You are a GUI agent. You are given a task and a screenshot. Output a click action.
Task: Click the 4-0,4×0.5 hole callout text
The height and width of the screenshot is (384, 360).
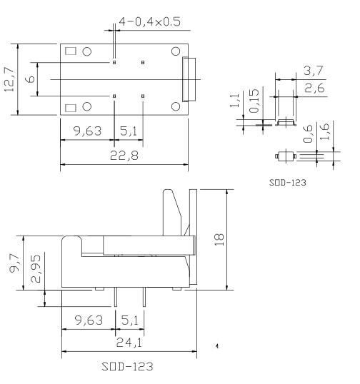point(150,21)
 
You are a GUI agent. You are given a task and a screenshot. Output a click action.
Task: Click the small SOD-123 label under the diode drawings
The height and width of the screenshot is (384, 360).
point(289,183)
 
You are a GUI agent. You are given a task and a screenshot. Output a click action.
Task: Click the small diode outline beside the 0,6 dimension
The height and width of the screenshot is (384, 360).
point(285,154)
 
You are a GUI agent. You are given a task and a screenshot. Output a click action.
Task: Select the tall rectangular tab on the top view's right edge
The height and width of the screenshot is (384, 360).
point(190,79)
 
